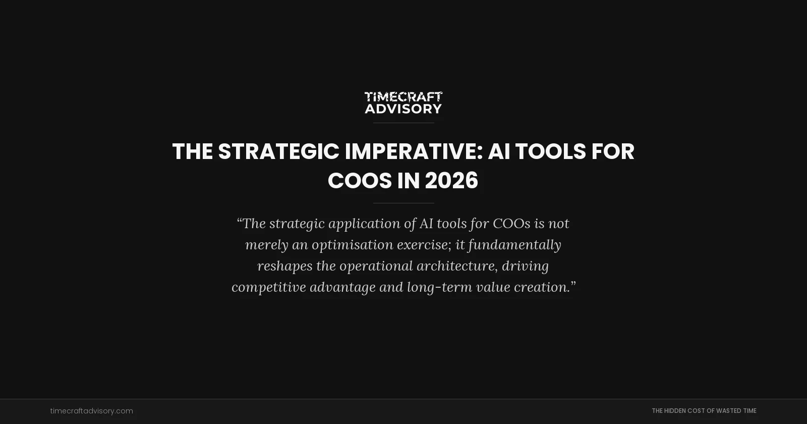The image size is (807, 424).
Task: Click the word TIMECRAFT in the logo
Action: pyautogui.click(x=403, y=96)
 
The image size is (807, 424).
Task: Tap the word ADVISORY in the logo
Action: pyautogui.click(x=403, y=109)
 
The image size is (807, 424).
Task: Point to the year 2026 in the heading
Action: pyautogui.click(x=451, y=181)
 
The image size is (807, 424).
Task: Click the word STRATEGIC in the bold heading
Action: pyautogui.click(x=278, y=151)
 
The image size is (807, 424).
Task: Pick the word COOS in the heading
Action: pyautogui.click(x=360, y=181)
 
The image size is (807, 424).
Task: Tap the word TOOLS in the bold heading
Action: pyautogui.click(x=550, y=151)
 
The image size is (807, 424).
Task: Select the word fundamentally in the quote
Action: pyautogui.click(x=514, y=245)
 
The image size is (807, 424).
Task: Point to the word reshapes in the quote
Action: pyautogui.click(x=284, y=266)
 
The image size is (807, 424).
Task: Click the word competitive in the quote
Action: pyautogui.click(x=268, y=287)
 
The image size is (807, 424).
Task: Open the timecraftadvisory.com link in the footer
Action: pyautogui.click(x=92, y=411)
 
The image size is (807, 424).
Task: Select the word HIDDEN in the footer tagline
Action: pyautogui.click(x=675, y=411)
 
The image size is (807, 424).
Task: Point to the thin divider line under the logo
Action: pyautogui.click(x=403, y=123)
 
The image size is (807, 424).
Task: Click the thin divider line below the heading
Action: pyautogui.click(x=403, y=203)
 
